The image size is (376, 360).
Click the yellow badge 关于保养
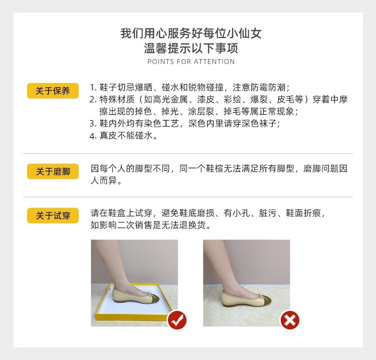[x=53, y=91]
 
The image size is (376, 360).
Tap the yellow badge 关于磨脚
[x=53, y=172]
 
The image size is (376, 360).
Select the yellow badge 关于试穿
[x=53, y=216]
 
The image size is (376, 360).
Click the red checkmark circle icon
[x=177, y=319]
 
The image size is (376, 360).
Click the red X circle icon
[x=289, y=319]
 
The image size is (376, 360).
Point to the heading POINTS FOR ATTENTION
[x=191, y=62]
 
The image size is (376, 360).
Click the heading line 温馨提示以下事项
[x=191, y=49]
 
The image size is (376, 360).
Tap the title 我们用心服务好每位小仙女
[x=191, y=34]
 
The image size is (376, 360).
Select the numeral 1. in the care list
[x=93, y=87]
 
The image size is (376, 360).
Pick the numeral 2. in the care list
[x=93, y=99]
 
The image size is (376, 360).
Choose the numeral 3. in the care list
[x=93, y=123]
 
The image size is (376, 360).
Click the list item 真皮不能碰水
[x=128, y=136]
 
